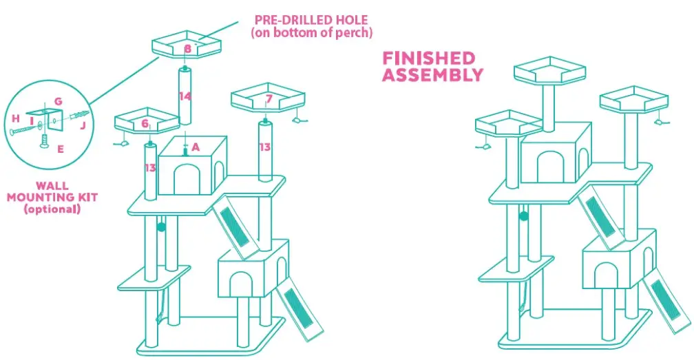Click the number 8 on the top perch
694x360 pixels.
coord(187,49)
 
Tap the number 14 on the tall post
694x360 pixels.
coord(185,96)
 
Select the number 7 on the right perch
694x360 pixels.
coord(269,99)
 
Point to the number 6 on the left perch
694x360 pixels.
coord(145,123)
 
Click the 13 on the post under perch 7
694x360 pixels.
coord(264,147)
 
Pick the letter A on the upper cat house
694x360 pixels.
coord(196,147)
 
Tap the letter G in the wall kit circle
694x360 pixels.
coord(58,102)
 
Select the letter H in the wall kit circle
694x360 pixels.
coord(15,118)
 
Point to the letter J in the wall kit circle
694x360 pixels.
coord(83,125)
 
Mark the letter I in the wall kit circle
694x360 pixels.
coord(31,118)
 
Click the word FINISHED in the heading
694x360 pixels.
coord(429,59)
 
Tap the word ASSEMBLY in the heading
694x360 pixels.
coord(432,75)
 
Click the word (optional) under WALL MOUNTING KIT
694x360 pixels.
coord(52,209)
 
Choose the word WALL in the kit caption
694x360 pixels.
coord(52,186)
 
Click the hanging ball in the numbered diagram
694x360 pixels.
coord(162,226)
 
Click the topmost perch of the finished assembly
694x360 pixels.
coord(549,71)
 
